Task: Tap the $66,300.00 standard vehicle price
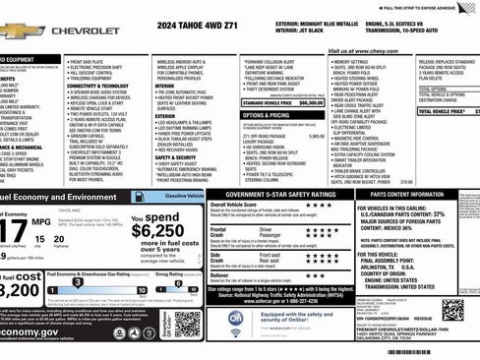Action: [x=310, y=101]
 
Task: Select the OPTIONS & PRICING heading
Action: [x=266, y=114]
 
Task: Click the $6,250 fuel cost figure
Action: [x=156, y=232]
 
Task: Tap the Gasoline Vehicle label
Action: [x=184, y=197]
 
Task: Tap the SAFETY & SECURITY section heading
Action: [x=176, y=156]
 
